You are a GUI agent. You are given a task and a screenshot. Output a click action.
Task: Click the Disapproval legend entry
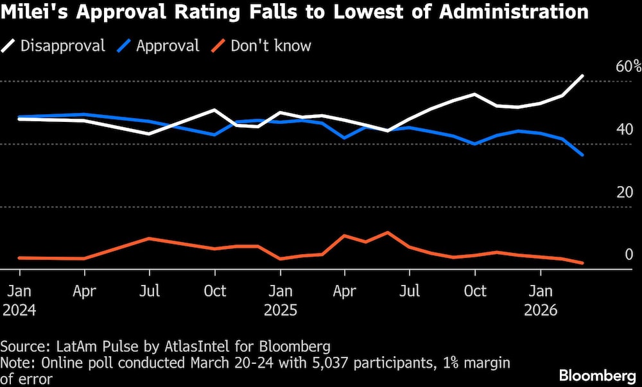[x=55, y=46]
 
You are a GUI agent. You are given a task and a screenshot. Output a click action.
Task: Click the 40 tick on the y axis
[x=625, y=130]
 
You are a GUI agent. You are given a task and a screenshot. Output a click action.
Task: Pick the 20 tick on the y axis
[x=625, y=193]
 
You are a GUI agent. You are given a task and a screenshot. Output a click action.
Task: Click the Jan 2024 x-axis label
[x=19, y=300]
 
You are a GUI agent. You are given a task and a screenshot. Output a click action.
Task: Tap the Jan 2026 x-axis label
[x=540, y=300]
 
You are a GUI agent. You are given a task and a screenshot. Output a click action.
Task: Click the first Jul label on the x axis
[x=150, y=291]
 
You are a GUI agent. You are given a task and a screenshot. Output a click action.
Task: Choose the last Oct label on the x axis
[x=474, y=291]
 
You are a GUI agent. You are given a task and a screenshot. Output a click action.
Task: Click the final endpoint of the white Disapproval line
[x=583, y=76]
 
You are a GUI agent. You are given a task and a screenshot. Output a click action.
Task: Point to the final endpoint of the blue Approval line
[x=583, y=155]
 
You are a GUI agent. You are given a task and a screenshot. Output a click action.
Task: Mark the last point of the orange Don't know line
[x=583, y=263]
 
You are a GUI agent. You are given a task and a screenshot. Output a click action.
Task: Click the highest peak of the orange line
[x=387, y=232]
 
